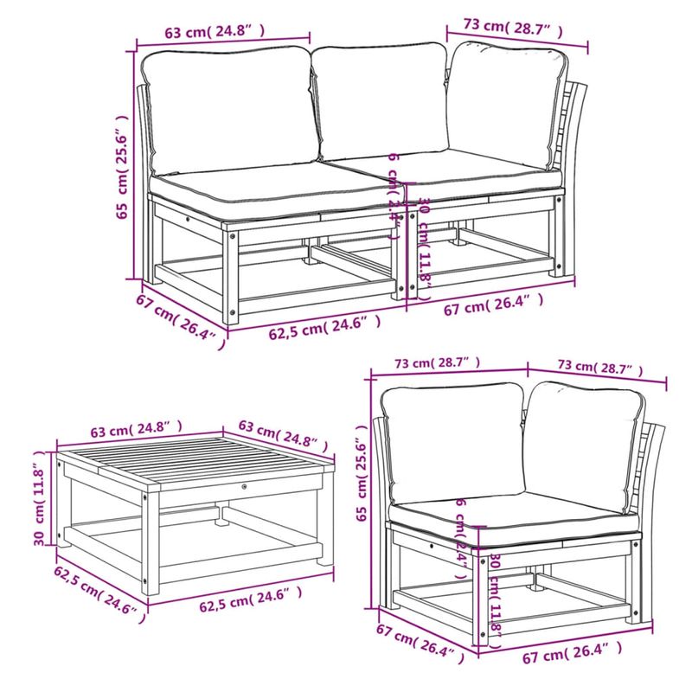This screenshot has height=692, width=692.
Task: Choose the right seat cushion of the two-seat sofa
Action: [484, 177]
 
